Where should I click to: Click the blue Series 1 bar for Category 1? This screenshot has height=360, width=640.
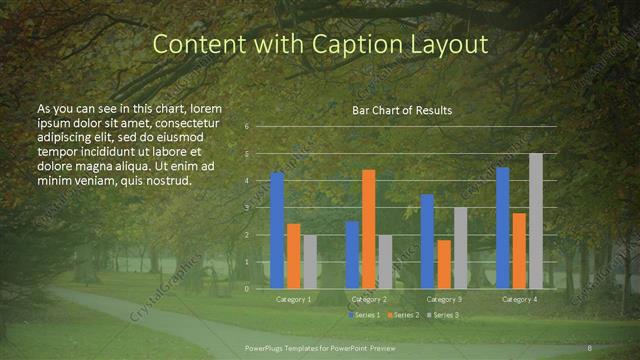coord(277,230)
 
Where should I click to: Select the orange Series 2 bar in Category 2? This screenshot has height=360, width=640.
coord(368,229)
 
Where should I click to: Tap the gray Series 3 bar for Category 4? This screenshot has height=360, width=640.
coord(536,221)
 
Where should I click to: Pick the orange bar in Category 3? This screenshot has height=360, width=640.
coord(443,264)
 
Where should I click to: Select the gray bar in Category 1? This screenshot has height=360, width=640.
coord(310,262)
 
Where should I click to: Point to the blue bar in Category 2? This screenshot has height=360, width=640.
coord(352,255)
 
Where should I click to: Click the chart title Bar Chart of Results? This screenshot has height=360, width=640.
coord(402,110)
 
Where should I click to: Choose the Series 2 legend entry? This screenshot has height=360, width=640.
coord(402,315)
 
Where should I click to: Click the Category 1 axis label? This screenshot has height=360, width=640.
coord(293,299)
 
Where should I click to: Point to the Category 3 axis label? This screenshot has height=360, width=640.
coord(444,299)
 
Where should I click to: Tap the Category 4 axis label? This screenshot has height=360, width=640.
coord(519,299)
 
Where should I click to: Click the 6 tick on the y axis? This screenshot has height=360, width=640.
coord(247,127)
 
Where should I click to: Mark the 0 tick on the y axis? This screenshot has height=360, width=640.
coord(247,288)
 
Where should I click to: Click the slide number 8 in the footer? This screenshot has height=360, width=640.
coord(590,348)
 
